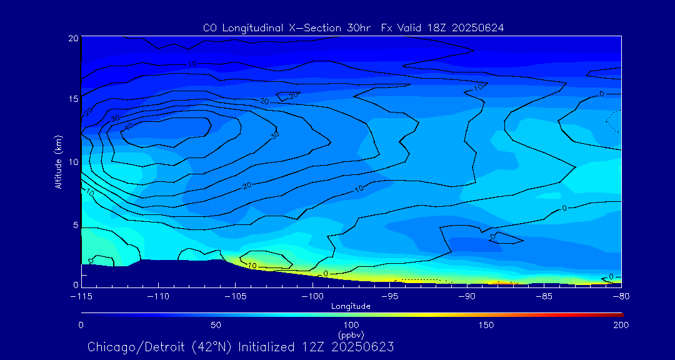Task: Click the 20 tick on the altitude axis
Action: (x=72, y=38)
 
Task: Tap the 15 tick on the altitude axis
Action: (x=72, y=99)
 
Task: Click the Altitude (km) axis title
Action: (x=59, y=161)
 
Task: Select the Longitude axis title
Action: (x=351, y=306)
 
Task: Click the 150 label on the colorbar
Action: (x=486, y=325)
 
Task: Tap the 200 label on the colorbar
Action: (x=621, y=325)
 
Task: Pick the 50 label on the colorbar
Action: (x=216, y=325)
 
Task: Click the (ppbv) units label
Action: (x=351, y=334)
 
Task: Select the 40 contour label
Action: (x=129, y=126)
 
